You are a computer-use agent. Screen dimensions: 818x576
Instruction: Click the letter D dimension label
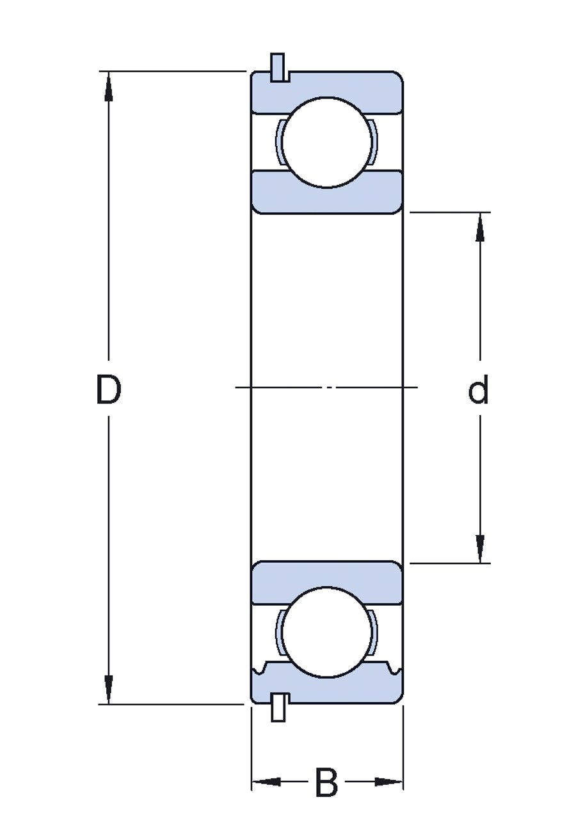tap(108, 389)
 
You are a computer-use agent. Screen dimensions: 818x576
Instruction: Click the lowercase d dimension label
tap(479, 391)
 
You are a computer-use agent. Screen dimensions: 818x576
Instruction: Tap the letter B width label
tap(326, 782)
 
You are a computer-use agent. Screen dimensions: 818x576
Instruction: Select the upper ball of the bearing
tap(327, 142)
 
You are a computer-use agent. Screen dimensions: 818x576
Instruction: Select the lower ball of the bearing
tap(327, 632)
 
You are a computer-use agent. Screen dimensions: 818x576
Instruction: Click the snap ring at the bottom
tap(278, 707)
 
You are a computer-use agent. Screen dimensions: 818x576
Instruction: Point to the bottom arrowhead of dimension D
tap(109, 688)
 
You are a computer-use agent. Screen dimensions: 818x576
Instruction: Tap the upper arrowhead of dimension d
tap(480, 228)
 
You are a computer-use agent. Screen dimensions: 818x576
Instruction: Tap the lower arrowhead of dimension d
tap(480, 548)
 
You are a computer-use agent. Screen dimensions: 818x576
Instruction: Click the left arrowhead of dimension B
tap(266, 782)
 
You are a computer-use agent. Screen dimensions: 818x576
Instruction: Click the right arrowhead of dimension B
tap(388, 782)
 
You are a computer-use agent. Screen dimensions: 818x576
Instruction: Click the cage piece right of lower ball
tap(374, 632)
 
